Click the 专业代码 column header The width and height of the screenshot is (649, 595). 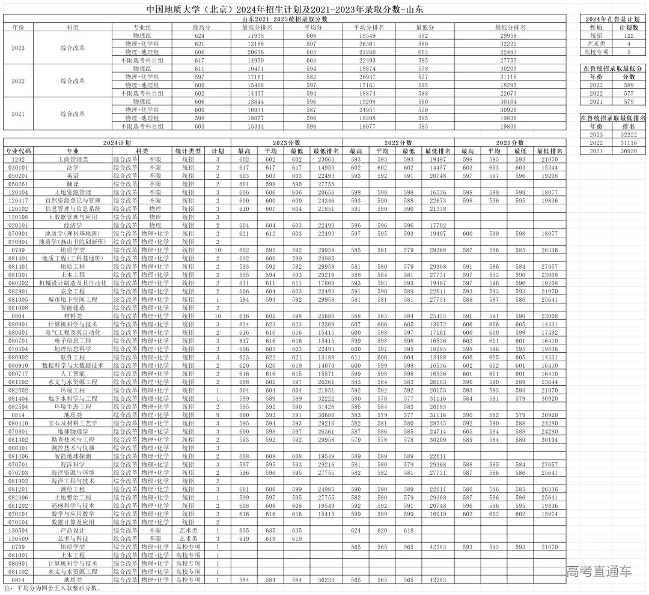click(17, 151)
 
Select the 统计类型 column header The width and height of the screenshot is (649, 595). click(187, 151)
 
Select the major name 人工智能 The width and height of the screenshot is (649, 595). click(73, 374)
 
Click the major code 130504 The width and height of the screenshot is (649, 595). click(17, 531)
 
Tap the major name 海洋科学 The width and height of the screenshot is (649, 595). click(73, 465)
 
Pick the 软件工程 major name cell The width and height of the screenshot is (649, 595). click(73, 357)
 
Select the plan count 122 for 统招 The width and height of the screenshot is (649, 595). click(629, 36)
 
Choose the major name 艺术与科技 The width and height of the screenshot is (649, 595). click(73, 539)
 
